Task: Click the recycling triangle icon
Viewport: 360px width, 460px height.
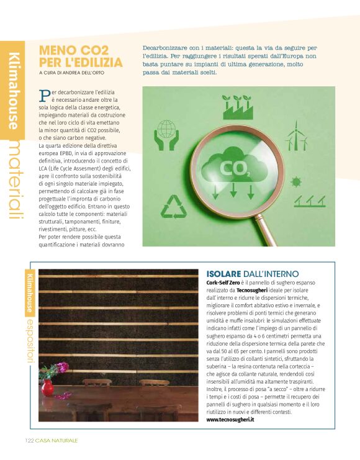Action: pos(174,207)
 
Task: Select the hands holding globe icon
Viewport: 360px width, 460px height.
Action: pos(167,135)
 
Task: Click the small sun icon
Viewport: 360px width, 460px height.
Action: pos(296,181)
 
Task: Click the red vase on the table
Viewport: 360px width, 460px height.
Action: pos(47,387)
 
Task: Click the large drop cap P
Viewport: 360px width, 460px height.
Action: pos(44,95)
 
